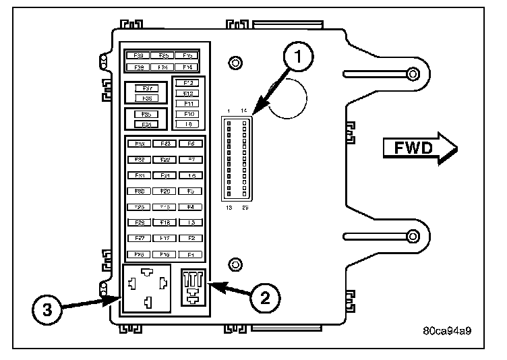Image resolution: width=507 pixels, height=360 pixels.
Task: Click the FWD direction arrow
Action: coord(419,148)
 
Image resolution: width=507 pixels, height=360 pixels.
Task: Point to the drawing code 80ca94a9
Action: coord(446,332)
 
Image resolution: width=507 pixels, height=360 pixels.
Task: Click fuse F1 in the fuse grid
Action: coord(191,255)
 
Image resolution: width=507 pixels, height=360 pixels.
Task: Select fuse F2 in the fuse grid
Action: coord(191,238)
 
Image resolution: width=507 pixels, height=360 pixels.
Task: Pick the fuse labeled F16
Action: coord(165,255)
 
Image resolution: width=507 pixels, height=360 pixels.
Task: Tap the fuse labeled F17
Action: coord(165,238)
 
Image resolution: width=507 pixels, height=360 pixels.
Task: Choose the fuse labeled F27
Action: coord(140,238)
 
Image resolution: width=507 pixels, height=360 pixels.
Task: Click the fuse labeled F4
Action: coord(191,207)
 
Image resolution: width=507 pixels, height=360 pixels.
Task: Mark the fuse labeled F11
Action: coord(188,104)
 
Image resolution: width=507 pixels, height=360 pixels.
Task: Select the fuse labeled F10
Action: coord(188,114)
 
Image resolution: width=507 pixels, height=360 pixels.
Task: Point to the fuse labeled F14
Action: coord(187,67)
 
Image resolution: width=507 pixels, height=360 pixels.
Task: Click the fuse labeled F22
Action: coord(165,160)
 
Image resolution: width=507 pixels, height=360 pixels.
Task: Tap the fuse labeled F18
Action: coord(165,222)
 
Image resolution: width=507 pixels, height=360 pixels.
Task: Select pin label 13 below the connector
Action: coord(229,208)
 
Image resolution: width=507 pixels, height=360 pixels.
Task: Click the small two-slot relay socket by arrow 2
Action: coord(194,288)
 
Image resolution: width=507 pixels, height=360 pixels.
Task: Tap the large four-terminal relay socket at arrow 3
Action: coord(151,289)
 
